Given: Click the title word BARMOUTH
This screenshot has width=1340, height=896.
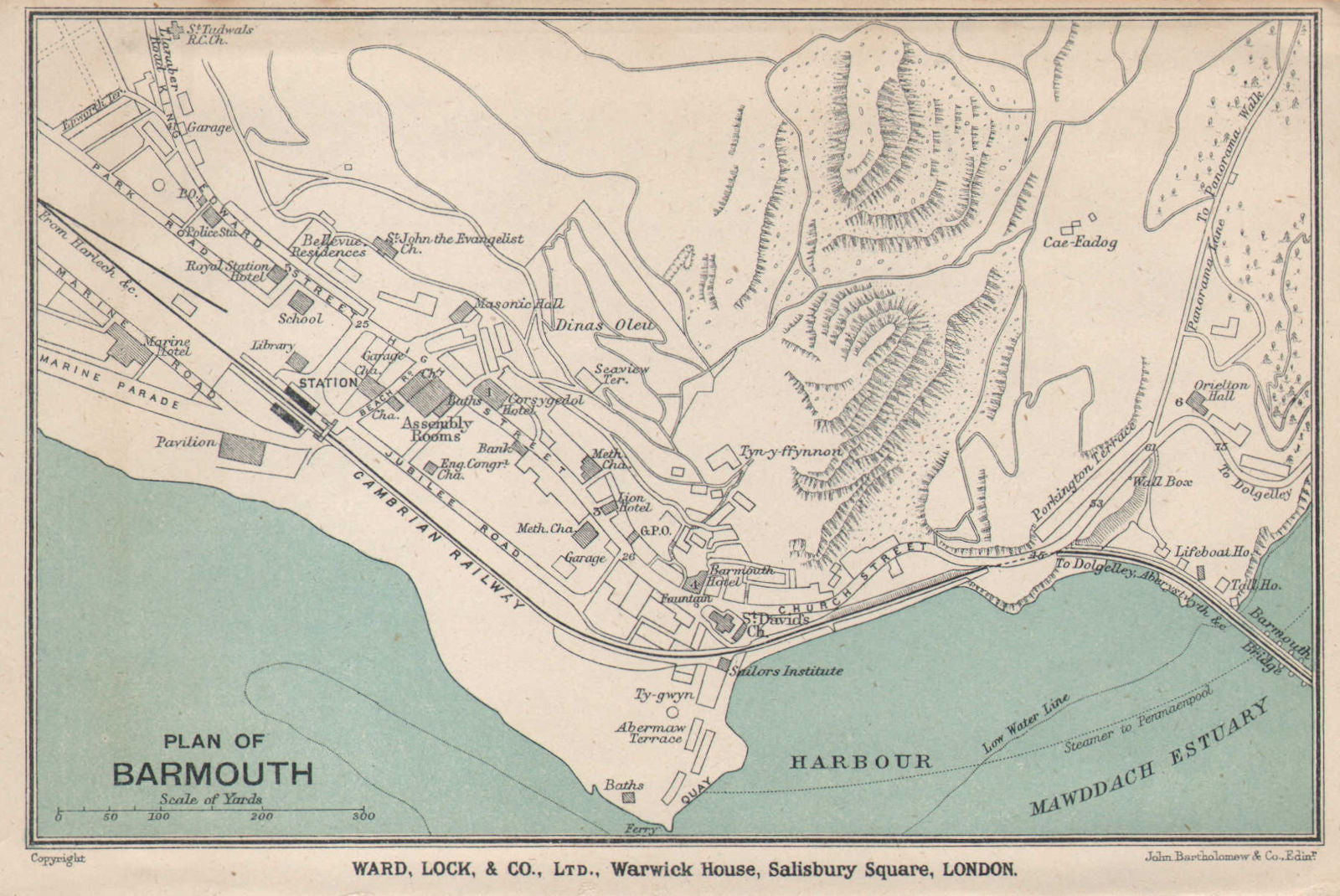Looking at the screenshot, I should click(x=213, y=773).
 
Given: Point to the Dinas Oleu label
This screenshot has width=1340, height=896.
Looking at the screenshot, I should click(x=603, y=327).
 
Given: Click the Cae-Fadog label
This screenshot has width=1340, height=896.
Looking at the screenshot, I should click(x=1080, y=243).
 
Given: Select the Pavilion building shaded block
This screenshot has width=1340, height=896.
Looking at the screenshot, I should click(x=243, y=448).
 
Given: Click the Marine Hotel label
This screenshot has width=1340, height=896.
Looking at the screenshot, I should click(x=167, y=347).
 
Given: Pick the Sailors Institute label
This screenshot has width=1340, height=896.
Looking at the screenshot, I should click(x=786, y=671).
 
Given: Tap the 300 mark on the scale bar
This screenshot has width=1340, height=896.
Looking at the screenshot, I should click(x=363, y=816).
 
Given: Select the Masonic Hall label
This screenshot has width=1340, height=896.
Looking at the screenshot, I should click(x=518, y=304).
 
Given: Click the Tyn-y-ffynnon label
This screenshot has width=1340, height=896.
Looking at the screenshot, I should click(x=789, y=451).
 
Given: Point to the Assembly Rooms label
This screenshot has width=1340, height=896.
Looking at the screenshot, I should click(x=436, y=430).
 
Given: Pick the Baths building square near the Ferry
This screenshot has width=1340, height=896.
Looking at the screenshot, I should click(x=628, y=797).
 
